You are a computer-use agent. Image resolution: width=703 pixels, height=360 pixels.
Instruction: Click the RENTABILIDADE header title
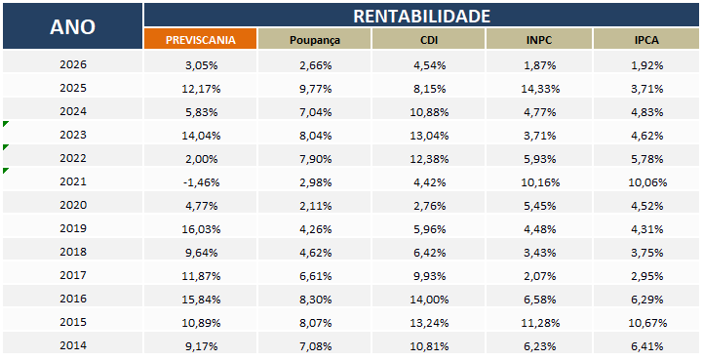[421, 17]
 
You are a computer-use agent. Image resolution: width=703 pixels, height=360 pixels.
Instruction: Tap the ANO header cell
[72, 26]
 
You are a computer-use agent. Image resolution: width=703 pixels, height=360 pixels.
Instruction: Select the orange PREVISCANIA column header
[201, 39]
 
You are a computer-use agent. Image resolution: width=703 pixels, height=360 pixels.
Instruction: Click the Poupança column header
[315, 40]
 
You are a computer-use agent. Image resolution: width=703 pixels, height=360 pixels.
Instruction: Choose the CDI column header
[429, 40]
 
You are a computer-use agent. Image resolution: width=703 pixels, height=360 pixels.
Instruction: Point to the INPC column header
[539, 40]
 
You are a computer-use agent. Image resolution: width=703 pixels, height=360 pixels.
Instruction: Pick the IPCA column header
[646, 40]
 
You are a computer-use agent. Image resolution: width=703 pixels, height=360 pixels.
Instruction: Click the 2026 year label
[73, 64]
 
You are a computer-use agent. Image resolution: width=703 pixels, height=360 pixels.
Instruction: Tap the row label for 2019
[73, 228]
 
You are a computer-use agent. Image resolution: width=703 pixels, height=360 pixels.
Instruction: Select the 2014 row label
[73, 345]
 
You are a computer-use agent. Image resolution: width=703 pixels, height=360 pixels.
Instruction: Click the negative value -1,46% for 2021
[201, 182]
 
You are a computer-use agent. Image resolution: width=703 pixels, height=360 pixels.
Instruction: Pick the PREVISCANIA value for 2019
[201, 229]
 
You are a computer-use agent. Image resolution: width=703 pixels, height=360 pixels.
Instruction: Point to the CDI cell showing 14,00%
[429, 300]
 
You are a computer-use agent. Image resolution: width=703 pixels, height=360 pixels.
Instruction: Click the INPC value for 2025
[540, 89]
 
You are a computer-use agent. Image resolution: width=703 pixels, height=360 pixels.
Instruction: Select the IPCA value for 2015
[647, 323]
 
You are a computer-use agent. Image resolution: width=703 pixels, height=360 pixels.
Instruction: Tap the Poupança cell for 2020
[316, 206]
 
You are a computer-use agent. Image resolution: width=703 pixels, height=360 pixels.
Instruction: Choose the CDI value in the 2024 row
[429, 112]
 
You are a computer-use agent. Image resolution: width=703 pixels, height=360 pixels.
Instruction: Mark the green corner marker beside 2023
[5, 124]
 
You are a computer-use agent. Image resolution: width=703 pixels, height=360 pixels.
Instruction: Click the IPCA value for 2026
[647, 65]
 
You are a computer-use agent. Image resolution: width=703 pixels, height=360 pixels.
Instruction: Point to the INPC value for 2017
[540, 276]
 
